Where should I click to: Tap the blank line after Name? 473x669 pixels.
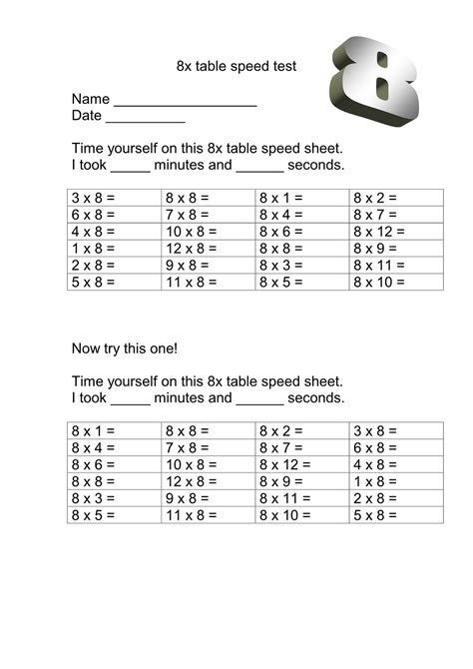click(186, 101)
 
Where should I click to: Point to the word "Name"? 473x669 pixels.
click(90, 100)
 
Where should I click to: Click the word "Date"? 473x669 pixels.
click(87, 116)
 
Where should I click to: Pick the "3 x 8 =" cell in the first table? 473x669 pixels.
click(94, 198)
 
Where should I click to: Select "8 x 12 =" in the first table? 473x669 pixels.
click(380, 231)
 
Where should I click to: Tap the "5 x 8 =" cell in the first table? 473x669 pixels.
click(94, 282)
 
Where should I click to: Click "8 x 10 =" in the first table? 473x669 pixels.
click(380, 282)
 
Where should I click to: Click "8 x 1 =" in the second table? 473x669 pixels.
click(94, 430)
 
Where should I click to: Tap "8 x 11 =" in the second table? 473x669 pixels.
click(285, 497)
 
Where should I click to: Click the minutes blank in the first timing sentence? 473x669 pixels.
click(130, 167)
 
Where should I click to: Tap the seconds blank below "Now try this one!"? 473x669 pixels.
click(260, 399)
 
